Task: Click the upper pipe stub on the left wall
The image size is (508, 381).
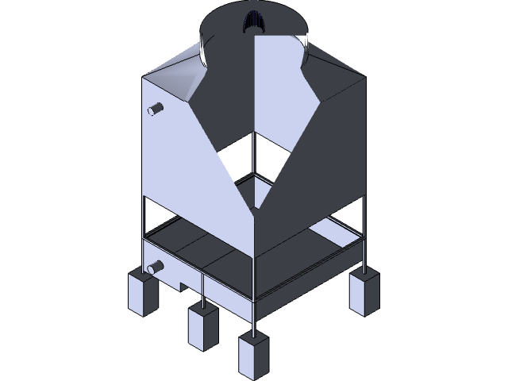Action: tap(156, 109)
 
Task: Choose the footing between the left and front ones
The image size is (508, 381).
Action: tap(203, 326)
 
